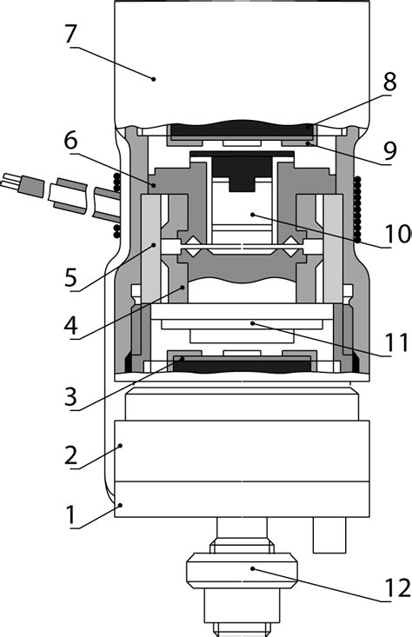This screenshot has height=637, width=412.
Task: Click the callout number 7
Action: coord(70,34)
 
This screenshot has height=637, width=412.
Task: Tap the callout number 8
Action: coord(389,82)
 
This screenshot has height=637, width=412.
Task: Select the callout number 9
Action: coord(390,151)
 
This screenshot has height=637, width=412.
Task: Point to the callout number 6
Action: coord(70,141)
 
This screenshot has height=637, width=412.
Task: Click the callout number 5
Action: coord(70,278)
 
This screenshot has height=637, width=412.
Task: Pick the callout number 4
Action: coord(70,324)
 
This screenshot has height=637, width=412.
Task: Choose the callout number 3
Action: coord(70,396)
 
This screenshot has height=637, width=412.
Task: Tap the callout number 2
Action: coord(70,455)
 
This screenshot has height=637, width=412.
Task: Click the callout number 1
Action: coord(70,514)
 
